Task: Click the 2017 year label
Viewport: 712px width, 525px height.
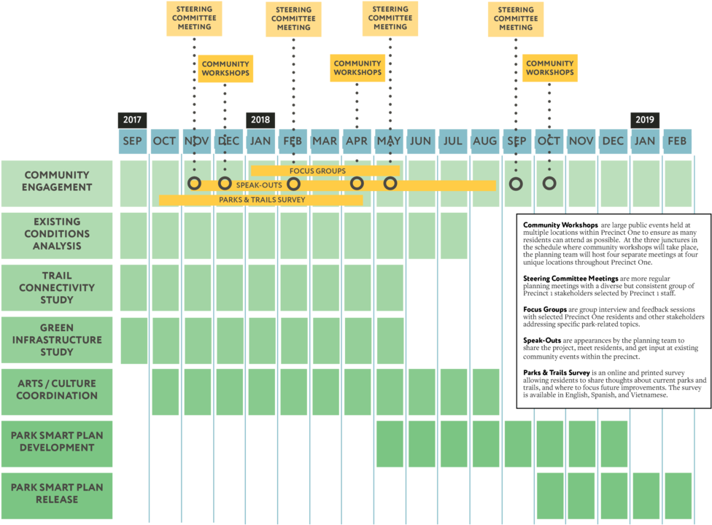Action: [132, 120]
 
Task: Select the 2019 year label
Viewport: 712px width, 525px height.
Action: [644, 120]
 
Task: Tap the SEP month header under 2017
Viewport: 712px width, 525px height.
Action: [132, 141]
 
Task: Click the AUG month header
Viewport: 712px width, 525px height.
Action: [484, 141]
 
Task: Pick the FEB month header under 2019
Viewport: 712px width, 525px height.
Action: [677, 141]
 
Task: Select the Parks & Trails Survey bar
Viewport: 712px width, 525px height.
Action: [261, 199]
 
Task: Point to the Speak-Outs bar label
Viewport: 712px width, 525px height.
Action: [259, 185]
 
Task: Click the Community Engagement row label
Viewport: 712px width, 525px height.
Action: [57, 181]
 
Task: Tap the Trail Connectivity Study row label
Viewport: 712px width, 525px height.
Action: [57, 287]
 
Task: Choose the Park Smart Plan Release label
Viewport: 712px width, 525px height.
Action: [57, 494]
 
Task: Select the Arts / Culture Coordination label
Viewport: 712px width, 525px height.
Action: [57, 389]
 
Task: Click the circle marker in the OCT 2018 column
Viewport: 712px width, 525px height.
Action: [549, 183]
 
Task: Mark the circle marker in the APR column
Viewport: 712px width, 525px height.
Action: [357, 183]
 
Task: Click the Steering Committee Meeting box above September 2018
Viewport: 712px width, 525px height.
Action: [516, 19]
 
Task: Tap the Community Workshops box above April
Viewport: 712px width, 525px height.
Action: [357, 68]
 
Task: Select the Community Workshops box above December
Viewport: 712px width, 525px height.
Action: [226, 69]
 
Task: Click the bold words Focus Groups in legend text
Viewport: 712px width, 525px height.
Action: [545, 310]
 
